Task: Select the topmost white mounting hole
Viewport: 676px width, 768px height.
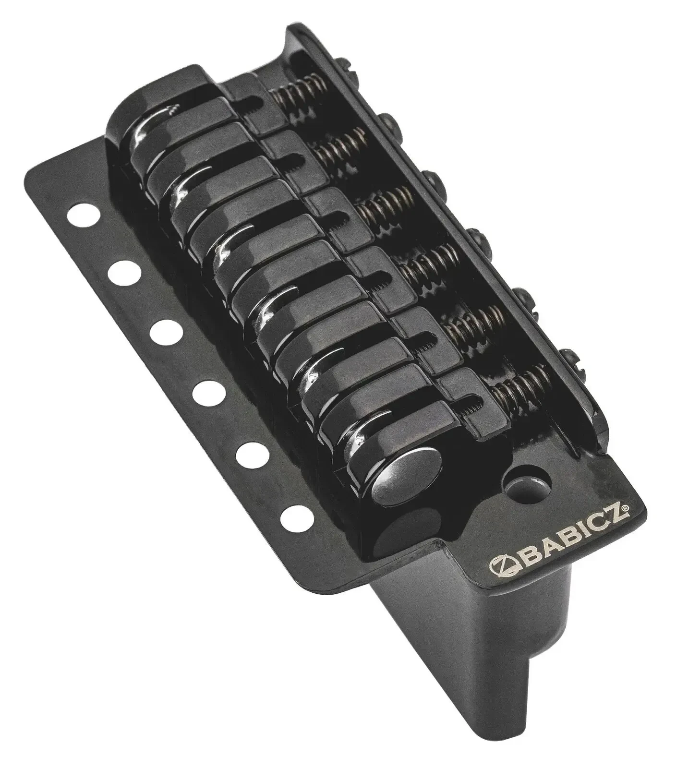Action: [x=81, y=214]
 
